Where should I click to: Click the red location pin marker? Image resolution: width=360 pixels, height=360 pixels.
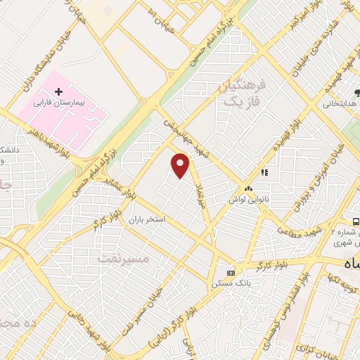(181, 166)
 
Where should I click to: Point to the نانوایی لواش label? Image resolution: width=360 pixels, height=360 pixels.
(247, 200)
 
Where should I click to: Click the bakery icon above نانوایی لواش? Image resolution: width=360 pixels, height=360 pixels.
(247, 188)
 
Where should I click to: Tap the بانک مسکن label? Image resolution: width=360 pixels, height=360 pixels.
(230, 283)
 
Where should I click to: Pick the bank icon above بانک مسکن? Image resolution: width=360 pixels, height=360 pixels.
(230, 273)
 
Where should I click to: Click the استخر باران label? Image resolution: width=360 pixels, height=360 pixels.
(146, 219)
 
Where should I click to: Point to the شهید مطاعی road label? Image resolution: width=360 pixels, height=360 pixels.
(298, 231)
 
